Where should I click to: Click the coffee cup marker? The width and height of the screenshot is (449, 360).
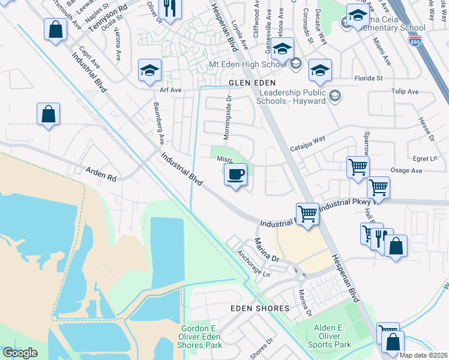tap(235, 175)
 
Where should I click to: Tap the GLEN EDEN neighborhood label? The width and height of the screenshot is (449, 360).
tap(252, 83)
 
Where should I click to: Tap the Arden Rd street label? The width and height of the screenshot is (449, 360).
tap(101, 175)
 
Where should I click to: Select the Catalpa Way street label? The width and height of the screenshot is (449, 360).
tap(307, 143)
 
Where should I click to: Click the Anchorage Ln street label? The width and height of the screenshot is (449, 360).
tap(253, 263)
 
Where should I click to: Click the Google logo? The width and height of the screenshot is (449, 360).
tap(20, 353)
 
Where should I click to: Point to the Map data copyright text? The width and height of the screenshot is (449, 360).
tap(423, 355)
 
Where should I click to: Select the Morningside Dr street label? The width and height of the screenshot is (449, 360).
tap(228, 117)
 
